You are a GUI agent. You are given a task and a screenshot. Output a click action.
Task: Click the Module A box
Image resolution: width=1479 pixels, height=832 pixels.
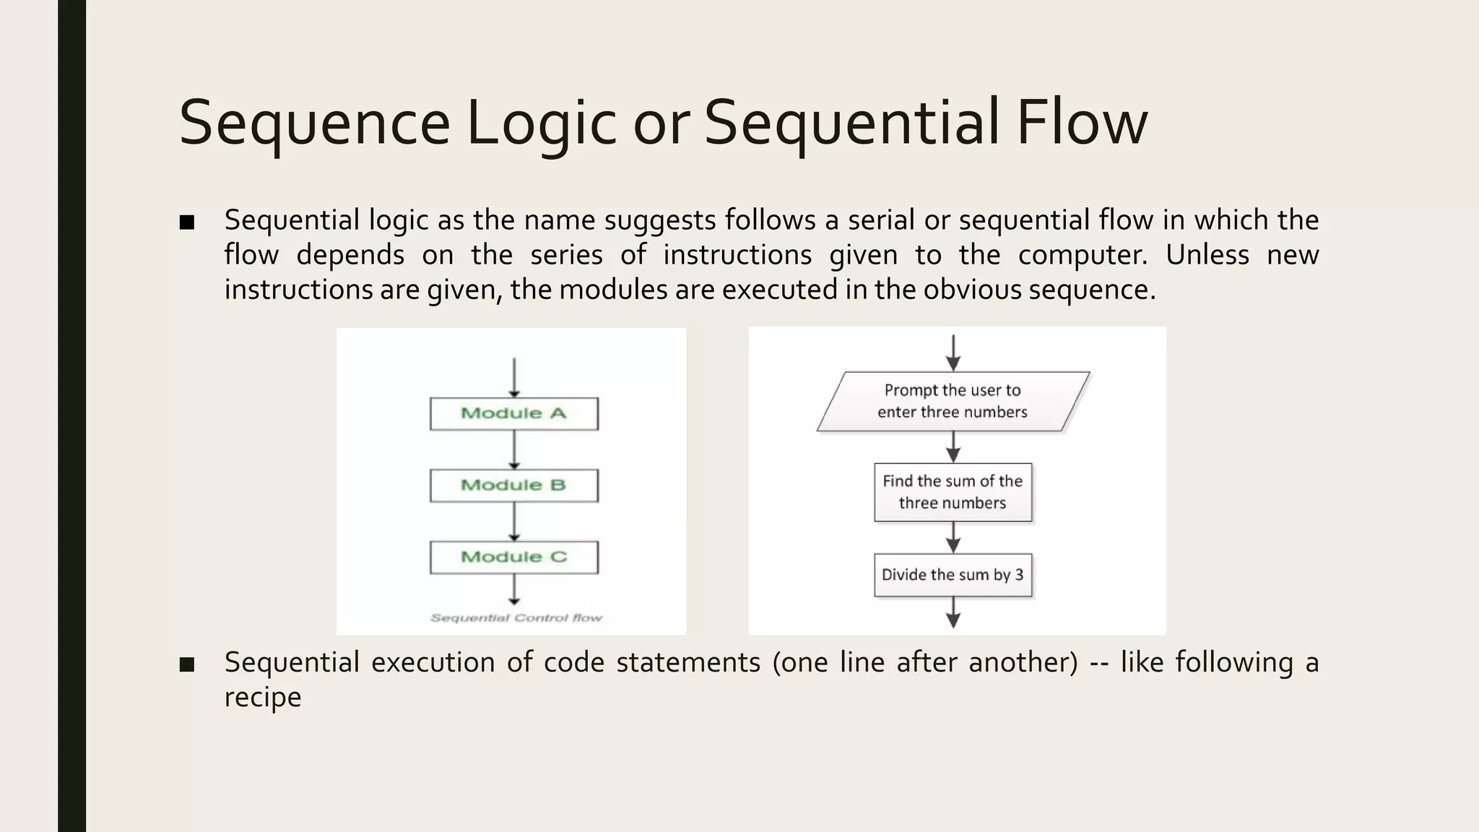513,414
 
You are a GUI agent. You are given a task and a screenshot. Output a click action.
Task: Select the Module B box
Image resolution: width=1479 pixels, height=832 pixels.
513,485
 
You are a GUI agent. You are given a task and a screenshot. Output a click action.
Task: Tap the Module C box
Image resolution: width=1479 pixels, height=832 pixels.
513,557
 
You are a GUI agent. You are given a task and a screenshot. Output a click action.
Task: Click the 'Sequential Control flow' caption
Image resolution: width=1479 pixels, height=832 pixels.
516,618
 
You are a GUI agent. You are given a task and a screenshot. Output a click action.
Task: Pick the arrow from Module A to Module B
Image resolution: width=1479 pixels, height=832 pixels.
514,450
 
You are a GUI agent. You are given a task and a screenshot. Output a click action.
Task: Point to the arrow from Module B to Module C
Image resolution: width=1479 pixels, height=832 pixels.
514,521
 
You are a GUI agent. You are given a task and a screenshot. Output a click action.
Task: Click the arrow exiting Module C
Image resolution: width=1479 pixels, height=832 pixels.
514,589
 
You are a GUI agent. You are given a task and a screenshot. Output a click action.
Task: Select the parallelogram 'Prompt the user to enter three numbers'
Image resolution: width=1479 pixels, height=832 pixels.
953,402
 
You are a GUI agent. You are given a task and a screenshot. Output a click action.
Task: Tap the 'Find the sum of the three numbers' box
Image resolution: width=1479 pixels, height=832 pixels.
953,492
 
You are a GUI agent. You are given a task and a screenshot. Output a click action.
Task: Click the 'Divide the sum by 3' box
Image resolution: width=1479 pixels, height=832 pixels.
953,575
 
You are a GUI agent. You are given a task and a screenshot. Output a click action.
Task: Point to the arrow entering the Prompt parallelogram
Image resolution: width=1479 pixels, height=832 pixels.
953,352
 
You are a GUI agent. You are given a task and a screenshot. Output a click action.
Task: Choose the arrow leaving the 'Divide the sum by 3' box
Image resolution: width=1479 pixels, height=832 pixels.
953,612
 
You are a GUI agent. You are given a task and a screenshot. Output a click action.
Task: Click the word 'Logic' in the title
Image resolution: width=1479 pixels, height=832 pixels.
542,123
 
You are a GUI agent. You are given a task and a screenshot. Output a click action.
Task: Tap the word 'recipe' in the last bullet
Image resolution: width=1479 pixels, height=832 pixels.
262,698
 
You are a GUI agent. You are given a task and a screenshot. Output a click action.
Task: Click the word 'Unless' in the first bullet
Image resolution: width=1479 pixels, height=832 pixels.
1207,255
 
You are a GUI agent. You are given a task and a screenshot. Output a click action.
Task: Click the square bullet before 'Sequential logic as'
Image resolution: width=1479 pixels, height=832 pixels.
187,222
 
